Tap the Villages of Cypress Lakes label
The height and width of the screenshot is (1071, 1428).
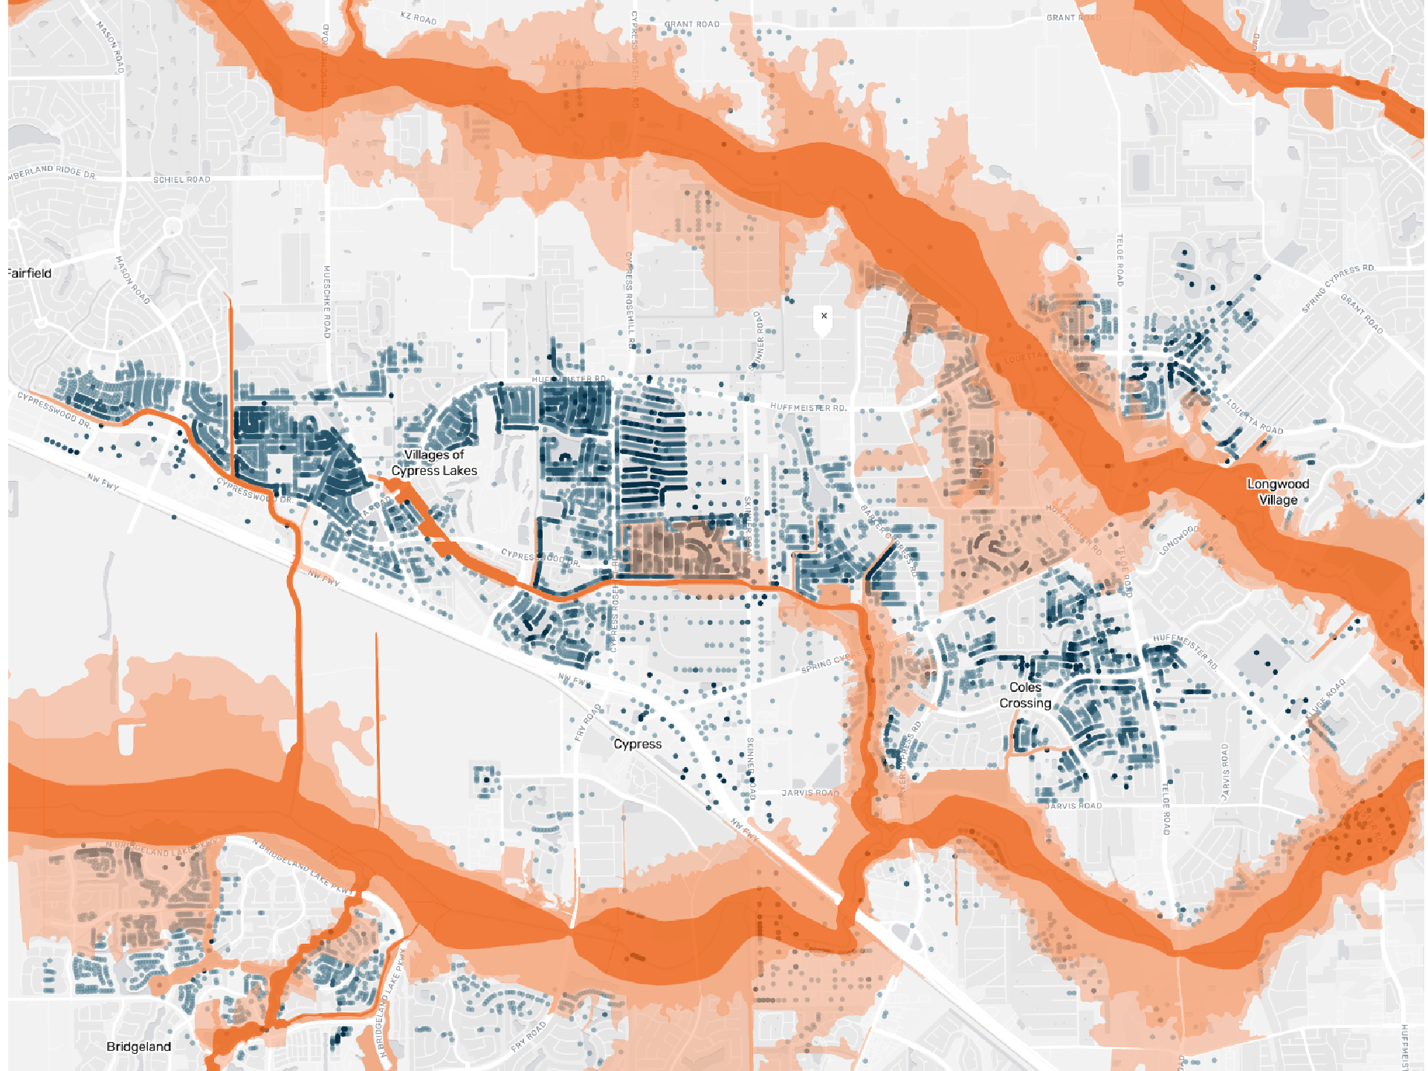(x=434, y=462)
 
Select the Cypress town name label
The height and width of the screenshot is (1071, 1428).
(x=637, y=744)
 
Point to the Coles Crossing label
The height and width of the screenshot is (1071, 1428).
(x=1025, y=696)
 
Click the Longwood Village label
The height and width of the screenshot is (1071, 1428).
(x=1277, y=492)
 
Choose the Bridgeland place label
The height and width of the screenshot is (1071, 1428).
(x=138, y=1046)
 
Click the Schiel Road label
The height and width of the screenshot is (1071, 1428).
(x=181, y=180)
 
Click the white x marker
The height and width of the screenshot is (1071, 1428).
(x=824, y=316)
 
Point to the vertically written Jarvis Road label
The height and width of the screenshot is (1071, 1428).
(x=1224, y=771)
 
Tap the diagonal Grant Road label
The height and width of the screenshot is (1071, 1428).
(x=1362, y=314)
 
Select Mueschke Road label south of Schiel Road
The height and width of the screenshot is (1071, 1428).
(x=326, y=301)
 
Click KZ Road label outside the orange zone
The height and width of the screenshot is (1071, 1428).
(x=419, y=18)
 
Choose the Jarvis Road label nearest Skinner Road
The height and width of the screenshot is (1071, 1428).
(x=810, y=793)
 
